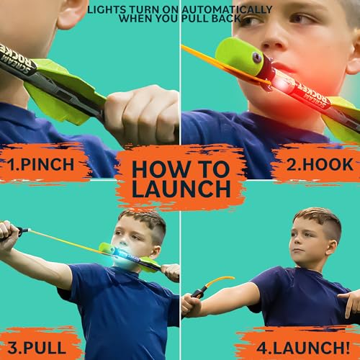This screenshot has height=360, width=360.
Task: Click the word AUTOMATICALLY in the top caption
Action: pos(224,9)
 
